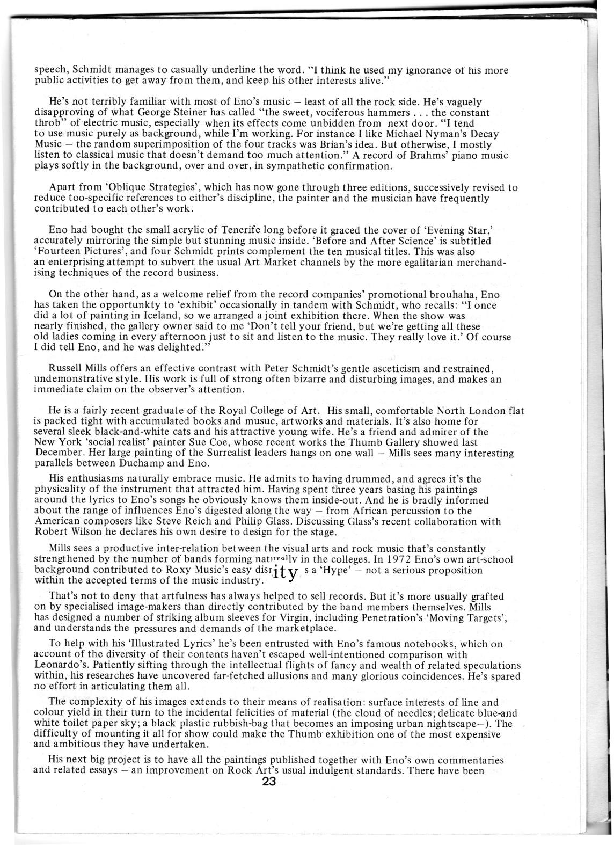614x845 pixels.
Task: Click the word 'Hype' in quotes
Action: tap(336, 570)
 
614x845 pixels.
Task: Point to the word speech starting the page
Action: tap(50, 70)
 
